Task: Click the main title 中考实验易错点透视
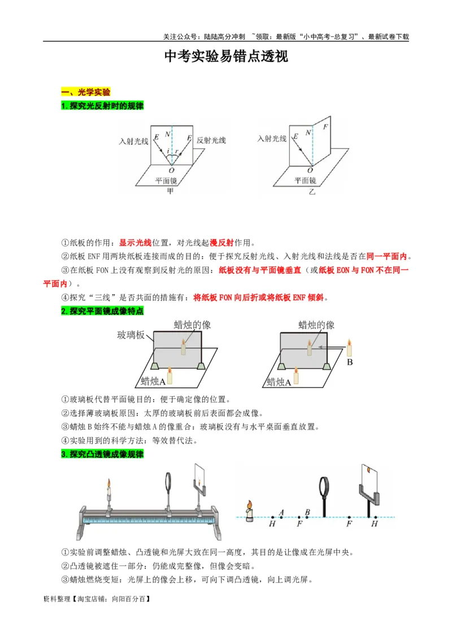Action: pos(226,57)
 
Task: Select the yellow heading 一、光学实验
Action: pos(85,92)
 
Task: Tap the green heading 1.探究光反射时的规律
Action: pos(102,106)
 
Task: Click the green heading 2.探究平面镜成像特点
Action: pos(102,311)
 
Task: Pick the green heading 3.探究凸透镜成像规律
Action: pos(102,454)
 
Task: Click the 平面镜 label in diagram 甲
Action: pos(166,180)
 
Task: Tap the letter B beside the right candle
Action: pos(349,362)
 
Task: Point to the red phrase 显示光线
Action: pos(135,243)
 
